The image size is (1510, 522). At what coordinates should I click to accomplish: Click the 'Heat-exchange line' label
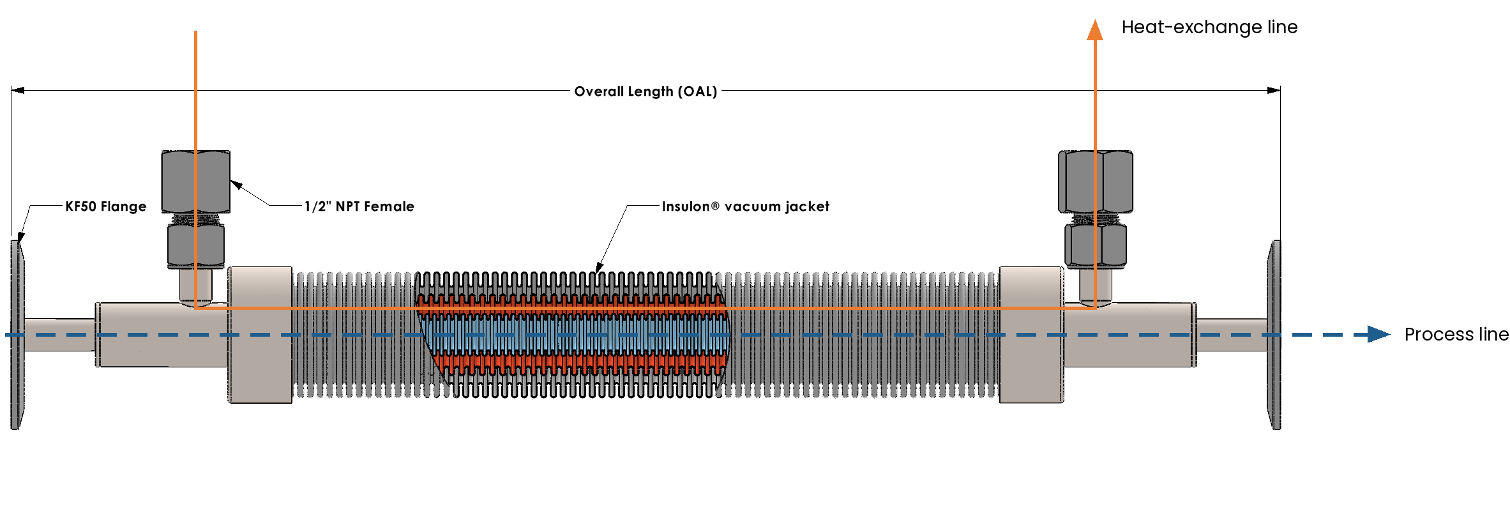click(x=1209, y=27)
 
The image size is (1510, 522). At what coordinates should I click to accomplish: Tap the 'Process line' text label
click(x=1456, y=334)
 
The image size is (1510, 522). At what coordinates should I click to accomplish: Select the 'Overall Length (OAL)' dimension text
click(x=646, y=91)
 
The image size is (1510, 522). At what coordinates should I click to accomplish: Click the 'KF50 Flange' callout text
click(x=106, y=206)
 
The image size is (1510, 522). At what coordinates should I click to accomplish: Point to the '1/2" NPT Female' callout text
click(x=359, y=206)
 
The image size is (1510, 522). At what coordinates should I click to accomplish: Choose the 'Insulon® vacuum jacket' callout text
click(x=746, y=206)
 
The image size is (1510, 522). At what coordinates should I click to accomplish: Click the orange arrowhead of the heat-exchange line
click(x=1095, y=29)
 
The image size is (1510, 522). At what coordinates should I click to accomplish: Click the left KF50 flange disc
click(x=17, y=335)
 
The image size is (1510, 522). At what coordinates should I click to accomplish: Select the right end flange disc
click(x=1274, y=335)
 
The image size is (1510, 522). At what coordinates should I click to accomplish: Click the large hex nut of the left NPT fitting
click(x=196, y=182)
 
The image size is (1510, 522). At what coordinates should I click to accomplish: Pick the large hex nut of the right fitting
click(x=1096, y=182)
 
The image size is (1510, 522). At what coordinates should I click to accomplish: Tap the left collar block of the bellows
click(x=260, y=335)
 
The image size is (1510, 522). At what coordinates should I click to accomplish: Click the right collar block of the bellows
click(x=1032, y=335)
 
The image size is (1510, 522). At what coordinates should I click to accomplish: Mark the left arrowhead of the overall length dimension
click(x=17, y=90)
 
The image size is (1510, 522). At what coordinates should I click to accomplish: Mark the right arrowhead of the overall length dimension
click(x=1274, y=90)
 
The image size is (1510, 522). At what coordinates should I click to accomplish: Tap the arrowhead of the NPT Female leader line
click(x=236, y=185)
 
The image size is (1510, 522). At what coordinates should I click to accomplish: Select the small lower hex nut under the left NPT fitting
click(x=196, y=247)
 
